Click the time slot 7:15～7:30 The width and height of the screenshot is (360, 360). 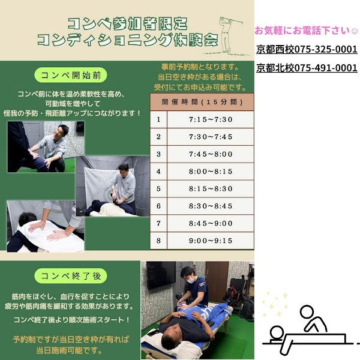[210, 119]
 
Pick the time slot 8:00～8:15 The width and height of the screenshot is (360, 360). [210, 171]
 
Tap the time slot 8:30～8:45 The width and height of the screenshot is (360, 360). [210, 206]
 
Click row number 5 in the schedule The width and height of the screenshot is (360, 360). [159, 188]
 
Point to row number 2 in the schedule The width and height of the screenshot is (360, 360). [159, 137]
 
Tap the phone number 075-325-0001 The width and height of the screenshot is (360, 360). [328, 49]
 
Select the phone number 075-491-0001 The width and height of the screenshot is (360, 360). [328, 68]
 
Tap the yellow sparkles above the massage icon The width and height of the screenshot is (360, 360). [276, 303]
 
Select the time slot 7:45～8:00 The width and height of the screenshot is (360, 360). [210, 154]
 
